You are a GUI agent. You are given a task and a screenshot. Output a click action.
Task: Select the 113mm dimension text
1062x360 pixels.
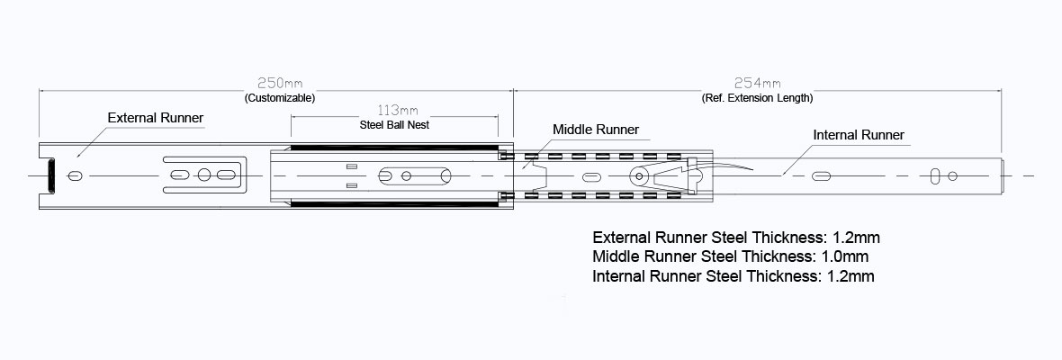[x=394, y=111]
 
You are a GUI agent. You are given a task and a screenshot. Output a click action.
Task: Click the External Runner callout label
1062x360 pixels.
[x=156, y=118]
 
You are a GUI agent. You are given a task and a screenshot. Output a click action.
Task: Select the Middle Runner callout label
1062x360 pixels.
[x=596, y=130]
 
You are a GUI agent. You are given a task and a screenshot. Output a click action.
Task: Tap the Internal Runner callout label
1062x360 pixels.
[x=859, y=135]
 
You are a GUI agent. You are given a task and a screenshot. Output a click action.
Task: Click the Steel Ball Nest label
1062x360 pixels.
[x=394, y=125]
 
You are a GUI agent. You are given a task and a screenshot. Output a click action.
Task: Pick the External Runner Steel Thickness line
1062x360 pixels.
[x=735, y=238]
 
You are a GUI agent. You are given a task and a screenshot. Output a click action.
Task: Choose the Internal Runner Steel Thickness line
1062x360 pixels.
[x=733, y=276]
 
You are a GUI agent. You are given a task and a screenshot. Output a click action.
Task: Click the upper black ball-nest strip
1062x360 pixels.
[x=393, y=147]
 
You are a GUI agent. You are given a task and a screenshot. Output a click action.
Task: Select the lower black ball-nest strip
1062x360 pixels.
[x=393, y=203]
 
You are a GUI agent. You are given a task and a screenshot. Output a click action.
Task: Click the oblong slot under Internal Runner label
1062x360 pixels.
[x=823, y=175]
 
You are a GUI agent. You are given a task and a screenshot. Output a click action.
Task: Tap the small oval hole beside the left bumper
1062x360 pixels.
[x=76, y=175]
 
